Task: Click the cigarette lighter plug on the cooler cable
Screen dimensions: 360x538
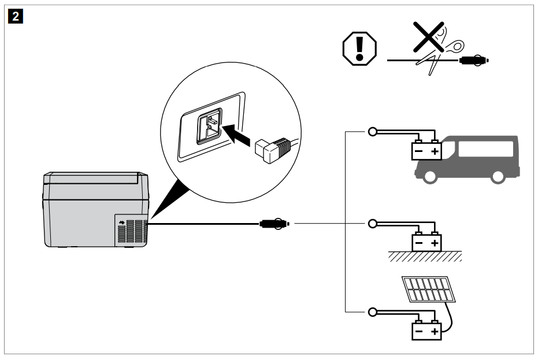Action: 273,222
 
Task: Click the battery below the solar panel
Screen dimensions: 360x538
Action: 425,331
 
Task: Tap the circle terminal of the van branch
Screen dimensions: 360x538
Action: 373,132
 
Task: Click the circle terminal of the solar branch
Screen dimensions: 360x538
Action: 373,313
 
